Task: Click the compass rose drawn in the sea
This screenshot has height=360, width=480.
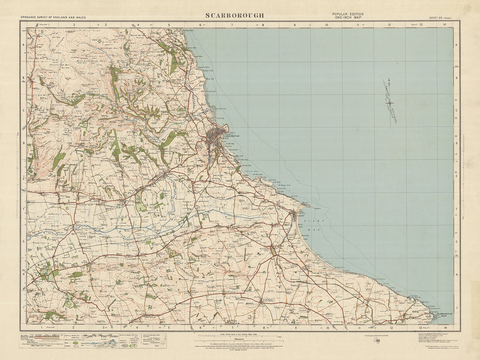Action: (390, 101)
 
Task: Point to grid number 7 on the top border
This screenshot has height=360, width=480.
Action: (232, 25)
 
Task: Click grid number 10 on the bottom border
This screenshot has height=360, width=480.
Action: (325, 327)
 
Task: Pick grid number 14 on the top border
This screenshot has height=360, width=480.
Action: (444, 25)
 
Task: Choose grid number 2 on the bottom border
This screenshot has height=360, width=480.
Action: (73, 327)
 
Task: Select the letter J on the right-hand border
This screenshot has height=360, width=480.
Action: (457, 307)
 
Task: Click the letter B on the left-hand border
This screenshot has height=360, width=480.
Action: (23, 78)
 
